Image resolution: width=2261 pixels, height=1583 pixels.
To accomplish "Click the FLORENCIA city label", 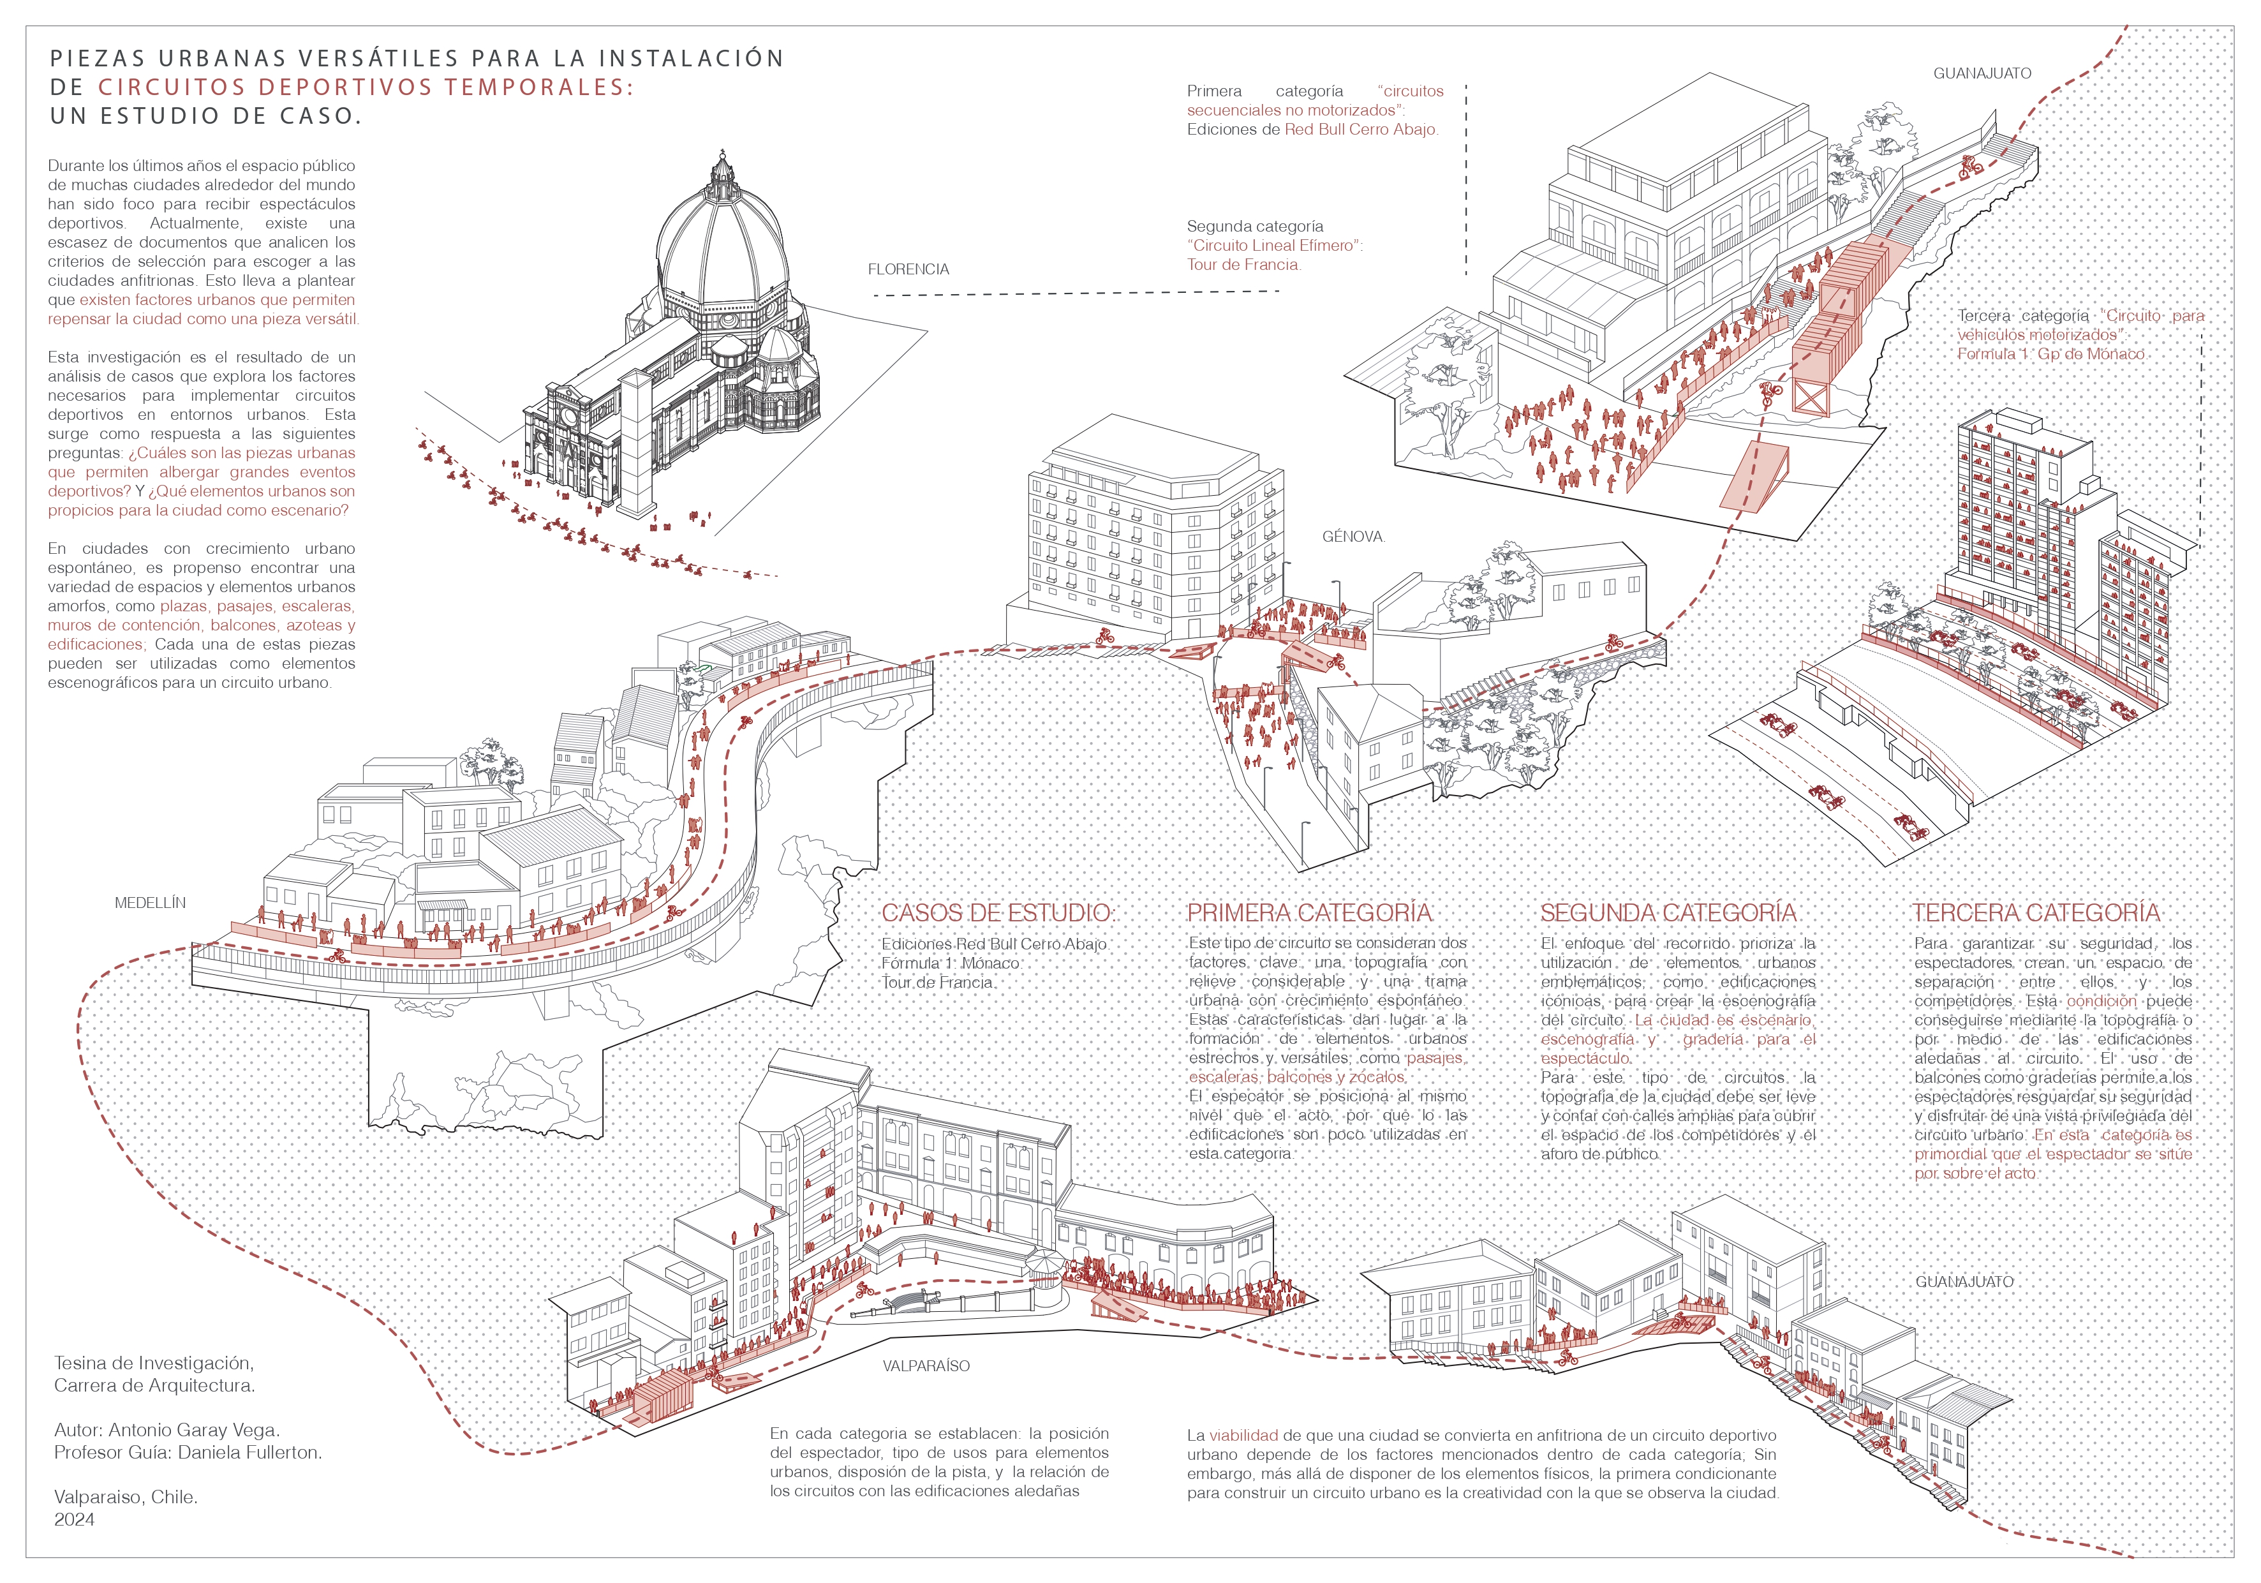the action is point(908,269).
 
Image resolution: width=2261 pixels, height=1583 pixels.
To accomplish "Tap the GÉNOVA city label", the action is point(1353,537).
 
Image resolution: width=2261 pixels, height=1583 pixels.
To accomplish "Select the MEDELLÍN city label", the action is point(150,902).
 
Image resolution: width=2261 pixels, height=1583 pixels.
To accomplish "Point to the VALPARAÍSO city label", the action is point(926,1365).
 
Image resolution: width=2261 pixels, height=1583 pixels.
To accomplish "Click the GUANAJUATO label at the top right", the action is point(1982,73).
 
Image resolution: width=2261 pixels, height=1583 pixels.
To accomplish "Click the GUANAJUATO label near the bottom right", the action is point(1964,1282).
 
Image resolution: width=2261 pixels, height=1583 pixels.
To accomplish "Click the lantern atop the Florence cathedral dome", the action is point(724,170).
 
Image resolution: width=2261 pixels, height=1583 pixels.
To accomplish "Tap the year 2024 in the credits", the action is point(75,1519).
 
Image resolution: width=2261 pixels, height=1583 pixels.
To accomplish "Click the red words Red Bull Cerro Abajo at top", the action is point(1361,129).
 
